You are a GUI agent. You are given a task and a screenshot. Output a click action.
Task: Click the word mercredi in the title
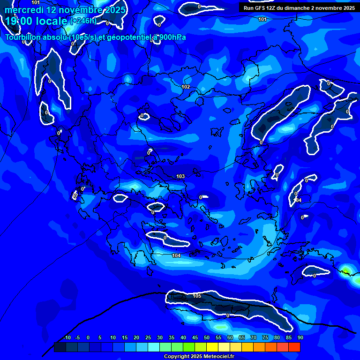[24, 10]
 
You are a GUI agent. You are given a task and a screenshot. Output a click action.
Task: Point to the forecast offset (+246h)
[83, 21]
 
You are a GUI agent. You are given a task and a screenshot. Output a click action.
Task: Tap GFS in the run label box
[258, 8]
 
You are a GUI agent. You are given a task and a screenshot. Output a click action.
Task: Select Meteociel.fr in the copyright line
[218, 357]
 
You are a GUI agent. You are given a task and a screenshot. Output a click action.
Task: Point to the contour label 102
[186, 87]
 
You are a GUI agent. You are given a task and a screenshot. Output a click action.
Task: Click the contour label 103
[180, 176]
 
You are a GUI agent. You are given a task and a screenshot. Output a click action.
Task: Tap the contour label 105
[197, 296]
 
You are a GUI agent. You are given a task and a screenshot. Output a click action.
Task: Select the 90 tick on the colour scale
[300, 337]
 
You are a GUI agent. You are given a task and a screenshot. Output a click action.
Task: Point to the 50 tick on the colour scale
[207, 337]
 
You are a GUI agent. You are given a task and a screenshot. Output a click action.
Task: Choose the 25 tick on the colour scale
[148, 337]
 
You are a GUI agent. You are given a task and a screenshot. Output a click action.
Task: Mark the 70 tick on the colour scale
[254, 337]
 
